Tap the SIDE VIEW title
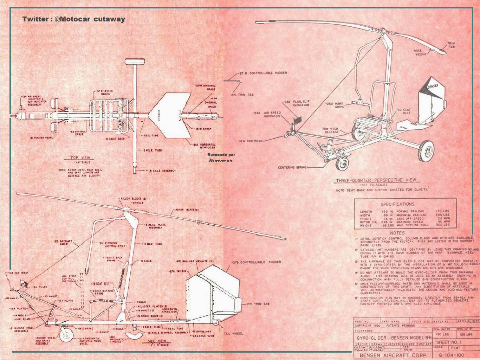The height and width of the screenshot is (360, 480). pos(157,341)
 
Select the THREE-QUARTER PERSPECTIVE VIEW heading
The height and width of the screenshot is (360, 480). pos(376,180)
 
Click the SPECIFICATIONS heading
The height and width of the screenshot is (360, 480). pos(397,204)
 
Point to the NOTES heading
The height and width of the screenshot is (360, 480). pos(397,233)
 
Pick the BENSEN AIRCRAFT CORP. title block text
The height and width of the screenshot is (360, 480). pos(393,355)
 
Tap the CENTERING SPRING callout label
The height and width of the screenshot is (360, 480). pos(292,167)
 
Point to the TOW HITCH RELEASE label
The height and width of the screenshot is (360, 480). pos(331,130)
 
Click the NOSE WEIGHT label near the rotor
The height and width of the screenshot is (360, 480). pos(420,52)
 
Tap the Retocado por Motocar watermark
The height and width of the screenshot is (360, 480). pos(221,157)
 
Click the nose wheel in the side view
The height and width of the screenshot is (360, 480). pos(66,335)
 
